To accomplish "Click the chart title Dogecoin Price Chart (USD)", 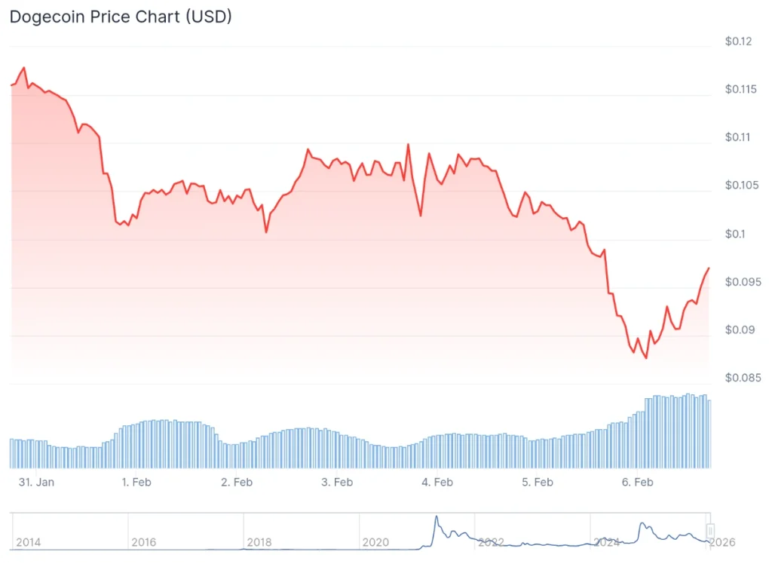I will click(120, 17).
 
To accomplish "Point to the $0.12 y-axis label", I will click(739, 41).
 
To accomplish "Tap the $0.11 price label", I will click(739, 138).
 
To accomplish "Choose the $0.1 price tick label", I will click(736, 234).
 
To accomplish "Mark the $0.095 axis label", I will click(742, 283).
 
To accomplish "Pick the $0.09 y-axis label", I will click(739, 330).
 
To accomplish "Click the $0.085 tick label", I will click(742, 379).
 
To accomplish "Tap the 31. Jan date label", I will click(35, 482).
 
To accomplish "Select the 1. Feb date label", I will click(136, 482).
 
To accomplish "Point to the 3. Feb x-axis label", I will click(337, 482).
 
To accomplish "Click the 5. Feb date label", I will click(538, 482).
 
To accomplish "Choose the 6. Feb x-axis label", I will click(638, 482).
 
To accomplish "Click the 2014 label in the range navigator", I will click(28, 542).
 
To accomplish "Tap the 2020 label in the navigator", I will click(375, 542).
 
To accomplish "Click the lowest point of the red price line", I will click(646, 358).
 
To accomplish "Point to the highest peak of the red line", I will click(24, 68).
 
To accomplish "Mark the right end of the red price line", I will click(709, 268).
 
